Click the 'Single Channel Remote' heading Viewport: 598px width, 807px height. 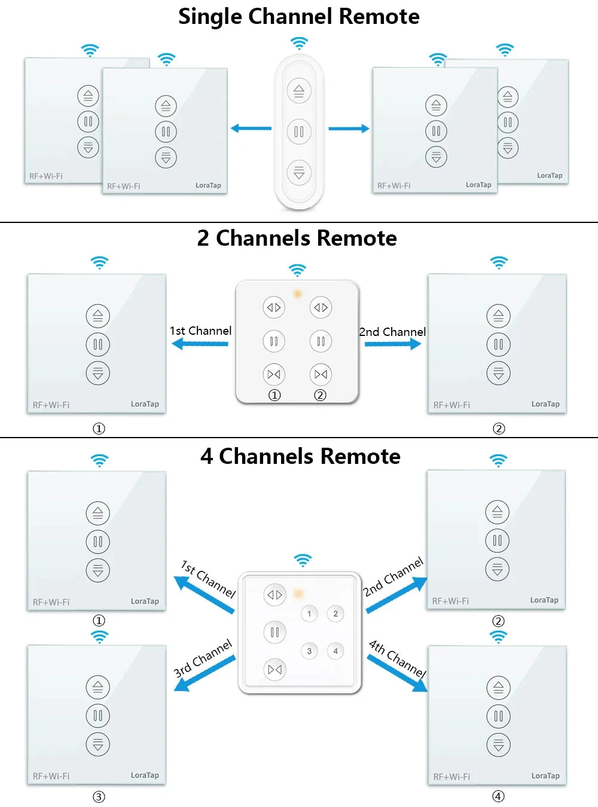[x=299, y=17]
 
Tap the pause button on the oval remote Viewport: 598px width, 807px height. [x=299, y=132]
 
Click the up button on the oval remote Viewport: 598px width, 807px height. [x=299, y=91]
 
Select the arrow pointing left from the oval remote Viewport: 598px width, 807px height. [x=251, y=128]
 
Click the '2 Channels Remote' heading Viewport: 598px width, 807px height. [x=297, y=238]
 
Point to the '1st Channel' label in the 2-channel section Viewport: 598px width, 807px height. [x=200, y=331]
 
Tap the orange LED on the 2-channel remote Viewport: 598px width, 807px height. [x=297, y=294]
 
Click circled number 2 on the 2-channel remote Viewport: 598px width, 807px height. [x=321, y=395]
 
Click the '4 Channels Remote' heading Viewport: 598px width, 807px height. [x=300, y=456]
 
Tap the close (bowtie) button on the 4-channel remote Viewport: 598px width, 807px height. [x=275, y=670]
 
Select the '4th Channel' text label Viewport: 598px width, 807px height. [x=398, y=659]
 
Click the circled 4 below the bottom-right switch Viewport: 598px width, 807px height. [x=498, y=796]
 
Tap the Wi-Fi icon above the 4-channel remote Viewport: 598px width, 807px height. [x=303, y=560]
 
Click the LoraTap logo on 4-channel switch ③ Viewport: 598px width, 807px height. [x=145, y=775]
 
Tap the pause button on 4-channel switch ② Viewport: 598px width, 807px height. [x=497, y=540]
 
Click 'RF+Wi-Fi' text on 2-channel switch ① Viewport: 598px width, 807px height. [x=51, y=405]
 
